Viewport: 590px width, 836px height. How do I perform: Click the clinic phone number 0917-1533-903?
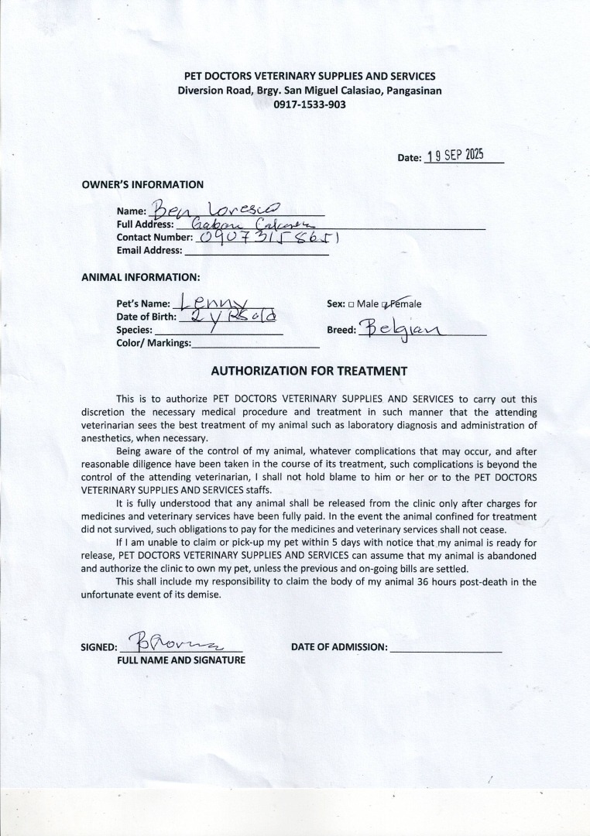pos(309,104)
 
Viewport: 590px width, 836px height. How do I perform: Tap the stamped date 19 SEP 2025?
pos(455,155)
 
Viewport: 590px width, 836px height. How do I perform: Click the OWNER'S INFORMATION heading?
pos(142,185)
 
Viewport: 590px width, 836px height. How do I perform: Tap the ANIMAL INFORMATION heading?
pos(140,276)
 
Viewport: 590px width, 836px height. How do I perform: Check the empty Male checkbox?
pos(352,304)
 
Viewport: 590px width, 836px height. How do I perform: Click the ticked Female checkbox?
pos(385,304)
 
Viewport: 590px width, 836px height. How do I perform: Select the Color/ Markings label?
pos(153,343)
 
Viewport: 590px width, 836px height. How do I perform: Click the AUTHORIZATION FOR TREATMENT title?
pos(309,371)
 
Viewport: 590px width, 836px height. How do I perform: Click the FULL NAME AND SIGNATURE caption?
pos(180,660)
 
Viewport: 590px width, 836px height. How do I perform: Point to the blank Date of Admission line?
pos(446,649)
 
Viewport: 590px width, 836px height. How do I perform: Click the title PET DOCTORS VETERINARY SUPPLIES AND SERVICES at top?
pos(309,76)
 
